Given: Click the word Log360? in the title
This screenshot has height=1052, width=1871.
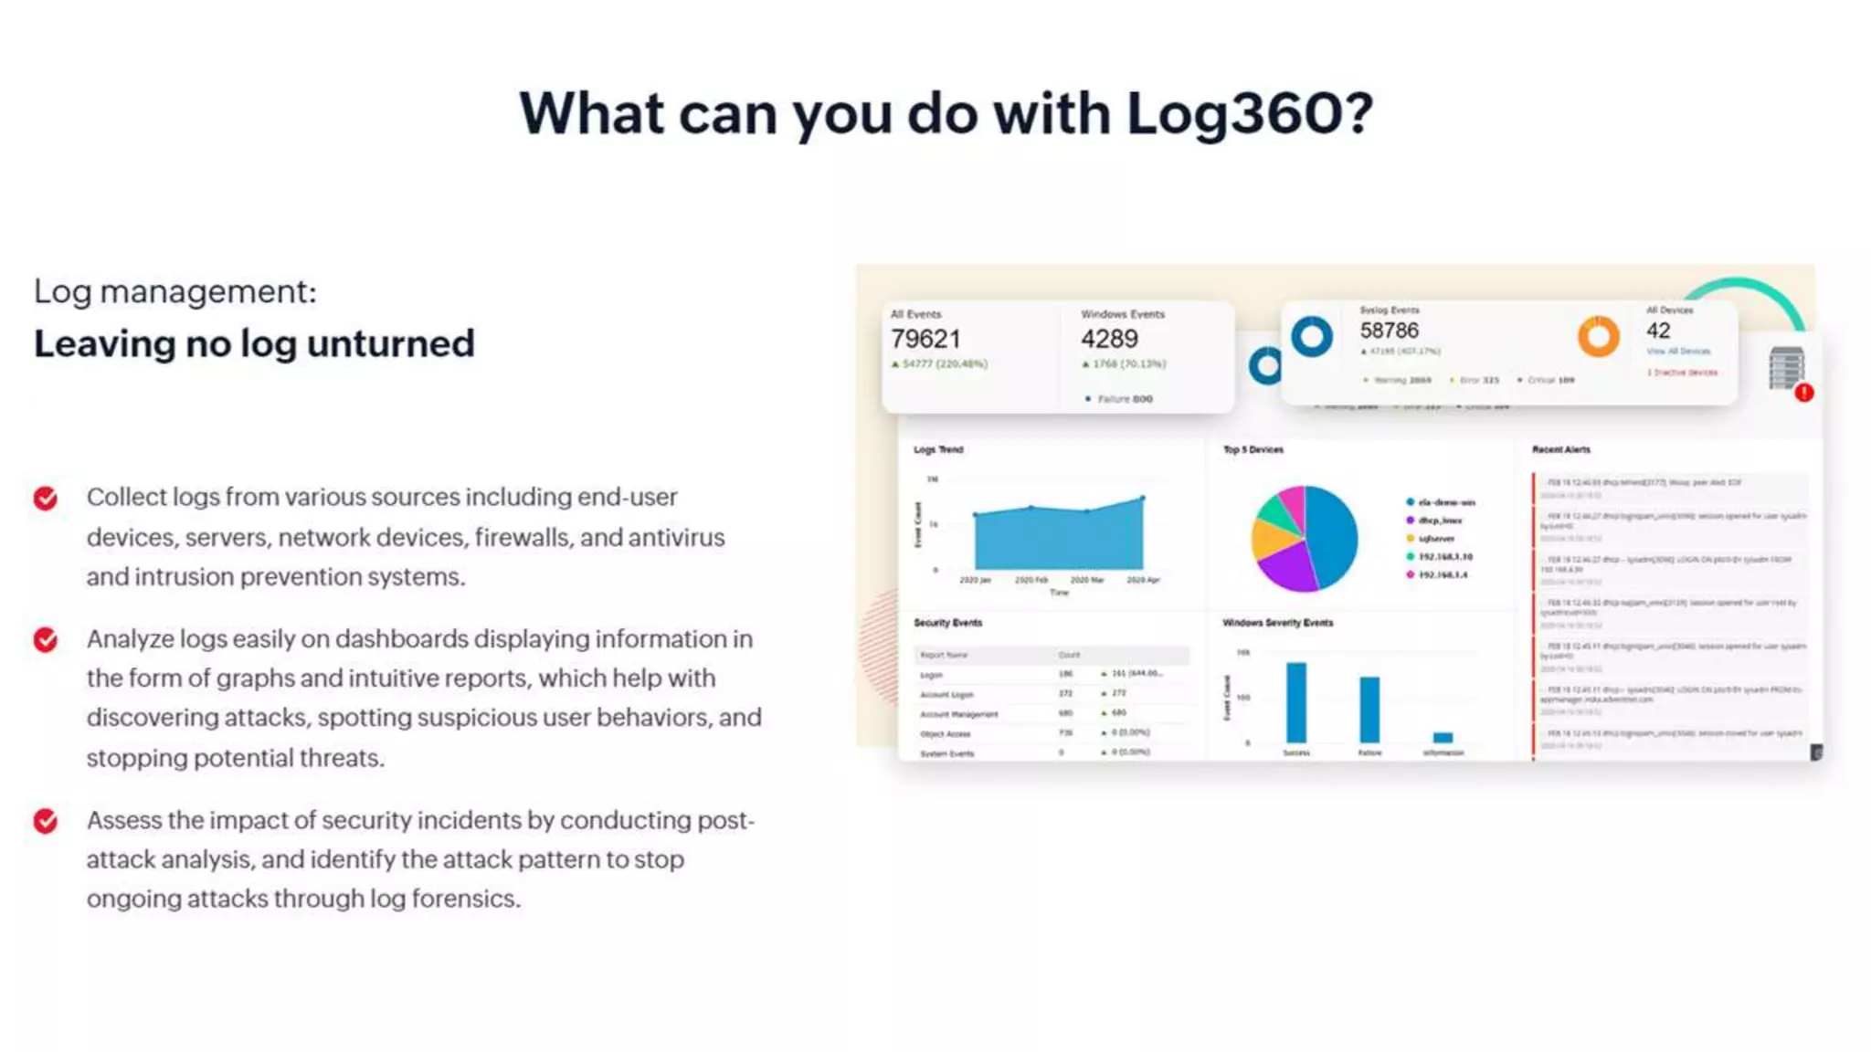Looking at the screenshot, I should [x=1249, y=115].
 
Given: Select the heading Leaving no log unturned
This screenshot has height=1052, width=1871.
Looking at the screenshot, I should [x=254, y=344].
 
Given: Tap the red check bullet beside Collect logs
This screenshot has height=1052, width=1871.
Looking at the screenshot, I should [x=46, y=499].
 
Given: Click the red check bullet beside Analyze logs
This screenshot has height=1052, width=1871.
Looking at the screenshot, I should [x=46, y=640].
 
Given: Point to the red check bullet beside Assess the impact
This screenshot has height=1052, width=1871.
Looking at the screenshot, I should [x=46, y=822].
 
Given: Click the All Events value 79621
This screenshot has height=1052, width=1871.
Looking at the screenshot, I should [x=925, y=340].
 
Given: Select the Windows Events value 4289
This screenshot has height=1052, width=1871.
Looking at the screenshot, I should [x=1109, y=340].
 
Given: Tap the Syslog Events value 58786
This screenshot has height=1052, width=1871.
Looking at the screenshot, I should [x=1389, y=331].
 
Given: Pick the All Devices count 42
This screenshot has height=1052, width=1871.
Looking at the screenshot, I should [x=1658, y=331].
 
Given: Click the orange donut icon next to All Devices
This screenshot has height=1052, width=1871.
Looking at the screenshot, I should [x=1598, y=336].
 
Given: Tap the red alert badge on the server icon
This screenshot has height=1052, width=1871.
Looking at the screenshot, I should [x=1803, y=393].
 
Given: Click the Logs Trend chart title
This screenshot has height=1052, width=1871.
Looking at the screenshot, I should [x=938, y=449].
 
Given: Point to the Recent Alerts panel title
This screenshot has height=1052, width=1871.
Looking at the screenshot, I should [x=1560, y=449].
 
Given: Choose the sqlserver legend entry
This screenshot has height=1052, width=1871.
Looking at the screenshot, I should [x=1435, y=539].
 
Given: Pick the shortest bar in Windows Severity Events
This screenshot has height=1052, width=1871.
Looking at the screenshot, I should [x=1443, y=737].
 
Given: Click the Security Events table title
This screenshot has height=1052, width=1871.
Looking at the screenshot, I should [x=947, y=623].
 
